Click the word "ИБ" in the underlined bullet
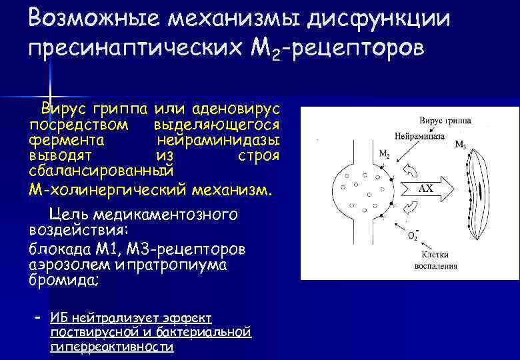pos(59,316)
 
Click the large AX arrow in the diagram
pos(427,189)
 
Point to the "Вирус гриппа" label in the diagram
pos(445,121)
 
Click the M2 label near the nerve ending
pos(385,154)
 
